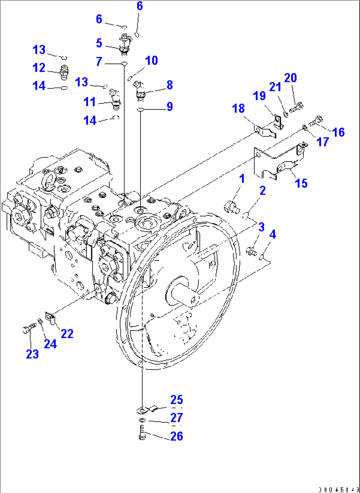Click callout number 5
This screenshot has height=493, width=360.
pyautogui.click(x=99, y=43)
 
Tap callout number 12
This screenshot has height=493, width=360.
pyautogui.click(x=39, y=68)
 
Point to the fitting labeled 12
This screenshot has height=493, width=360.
pyautogui.click(x=64, y=72)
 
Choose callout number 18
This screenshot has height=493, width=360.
pyautogui.click(x=238, y=108)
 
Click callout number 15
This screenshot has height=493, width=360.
pyautogui.click(x=301, y=183)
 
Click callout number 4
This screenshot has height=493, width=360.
pyautogui.click(x=272, y=235)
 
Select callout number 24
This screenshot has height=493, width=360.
pyautogui.click(x=50, y=344)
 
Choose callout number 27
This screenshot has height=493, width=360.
pyautogui.click(x=176, y=418)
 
